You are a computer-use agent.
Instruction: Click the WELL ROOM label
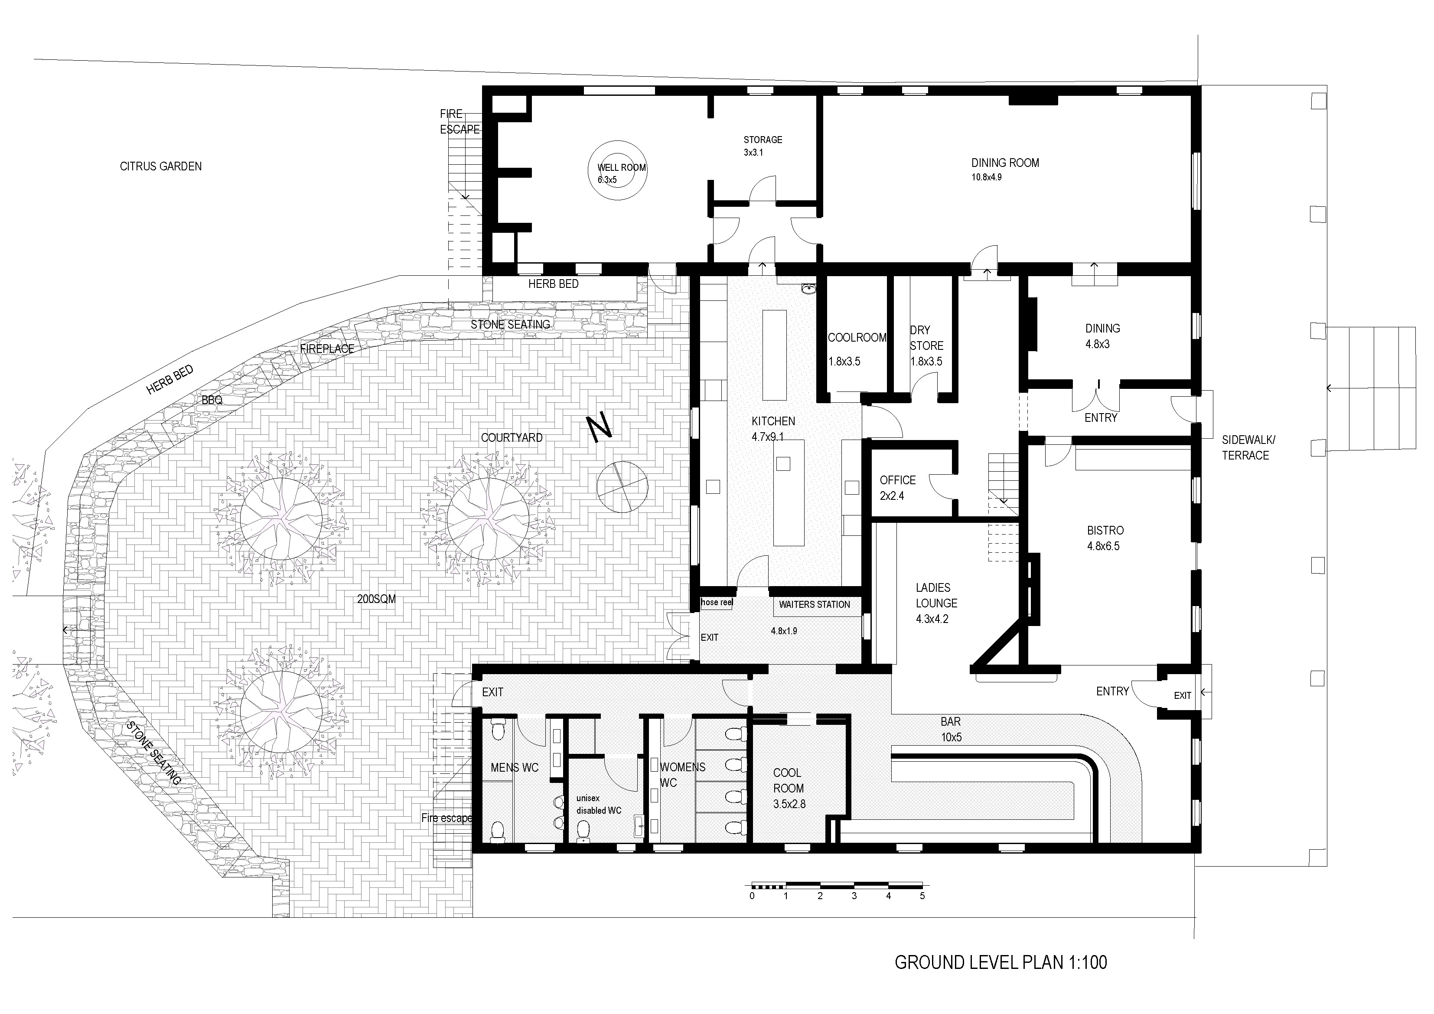click(x=622, y=167)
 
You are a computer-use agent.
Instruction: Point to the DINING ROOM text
click(x=1005, y=163)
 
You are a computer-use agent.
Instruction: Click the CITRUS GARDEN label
click(x=160, y=166)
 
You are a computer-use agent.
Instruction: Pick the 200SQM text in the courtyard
click(x=377, y=599)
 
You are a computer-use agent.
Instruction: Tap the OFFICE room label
click(x=897, y=480)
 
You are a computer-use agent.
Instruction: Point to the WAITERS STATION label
click(x=815, y=605)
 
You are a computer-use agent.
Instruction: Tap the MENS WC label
click(x=515, y=768)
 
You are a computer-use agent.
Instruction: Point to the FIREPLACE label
click(x=327, y=349)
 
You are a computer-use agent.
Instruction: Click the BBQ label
click(x=212, y=400)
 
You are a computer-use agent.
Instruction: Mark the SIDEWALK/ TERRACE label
click(x=1248, y=447)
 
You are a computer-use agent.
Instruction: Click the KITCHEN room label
click(x=773, y=421)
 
